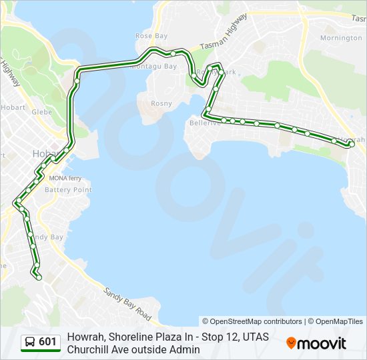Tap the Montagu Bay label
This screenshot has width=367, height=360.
coord(154,67)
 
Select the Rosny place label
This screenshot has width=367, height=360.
coord(161,103)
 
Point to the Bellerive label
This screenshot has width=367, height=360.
coord(204,123)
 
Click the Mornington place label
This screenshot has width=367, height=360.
coord(341,38)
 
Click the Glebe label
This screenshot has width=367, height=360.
coord(41,112)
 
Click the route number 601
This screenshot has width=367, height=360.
coord(47,342)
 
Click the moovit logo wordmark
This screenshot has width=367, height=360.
coord(322,343)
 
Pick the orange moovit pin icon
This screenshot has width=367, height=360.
coord(291,343)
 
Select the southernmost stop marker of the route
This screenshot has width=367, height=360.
coord(39,277)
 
